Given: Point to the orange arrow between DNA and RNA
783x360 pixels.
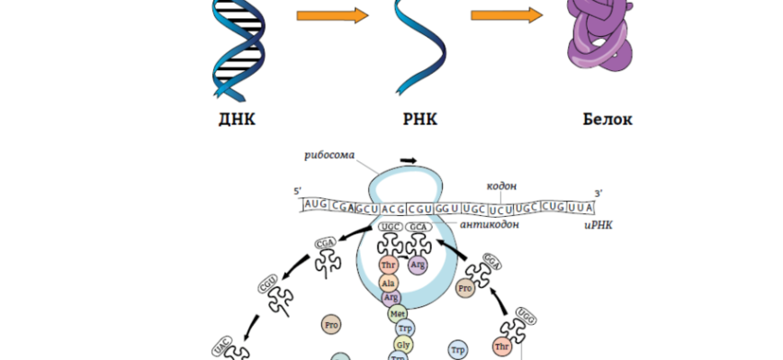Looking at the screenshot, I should coord(333,16).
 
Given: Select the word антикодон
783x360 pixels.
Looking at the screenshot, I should coord(490,225).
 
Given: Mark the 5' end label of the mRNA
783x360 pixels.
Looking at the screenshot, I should coord(298,192).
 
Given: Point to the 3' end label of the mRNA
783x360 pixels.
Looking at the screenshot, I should coord(598,192).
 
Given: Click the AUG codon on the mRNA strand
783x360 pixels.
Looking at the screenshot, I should coord(316,206).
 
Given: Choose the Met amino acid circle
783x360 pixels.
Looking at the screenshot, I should coord(398,313).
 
